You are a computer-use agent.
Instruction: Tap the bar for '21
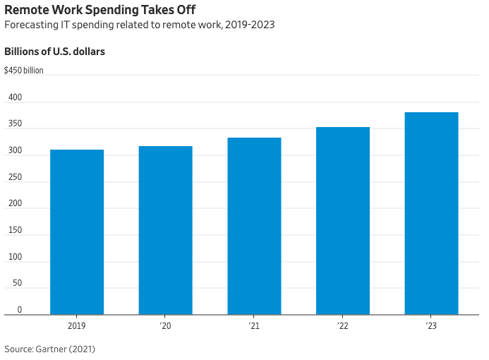[x=254, y=226]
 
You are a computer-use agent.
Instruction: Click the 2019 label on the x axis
[x=77, y=326]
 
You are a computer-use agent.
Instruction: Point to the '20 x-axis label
[x=165, y=326]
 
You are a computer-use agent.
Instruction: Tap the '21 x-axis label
[x=254, y=326]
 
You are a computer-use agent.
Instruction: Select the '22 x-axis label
[x=343, y=326]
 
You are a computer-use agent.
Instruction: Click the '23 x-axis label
[x=431, y=326]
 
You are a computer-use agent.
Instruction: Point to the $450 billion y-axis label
[x=23, y=71]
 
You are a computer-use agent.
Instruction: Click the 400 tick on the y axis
[x=15, y=97]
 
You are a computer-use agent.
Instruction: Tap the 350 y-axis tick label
[x=15, y=124]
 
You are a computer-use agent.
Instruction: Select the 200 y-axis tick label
[x=15, y=204]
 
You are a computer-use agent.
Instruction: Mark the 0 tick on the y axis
[x=20, y=310]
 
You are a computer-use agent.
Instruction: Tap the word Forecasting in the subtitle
[x=30, y=25]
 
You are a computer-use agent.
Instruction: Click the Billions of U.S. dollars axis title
[x=55, y=52]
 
